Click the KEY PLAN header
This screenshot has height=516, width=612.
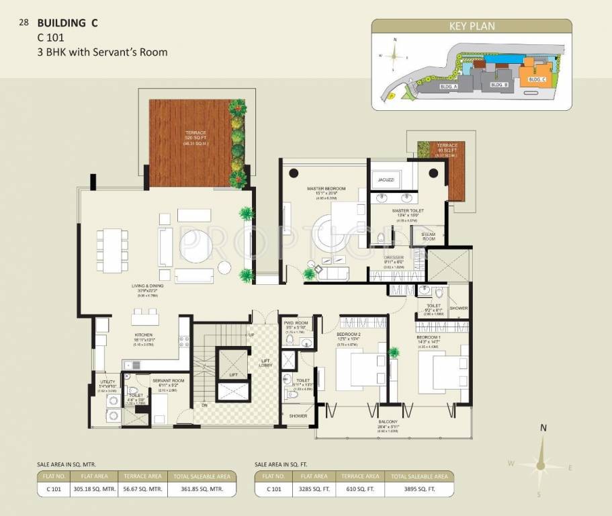tap(472, 27)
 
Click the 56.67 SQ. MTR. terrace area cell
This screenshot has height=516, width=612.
tap(142, 489)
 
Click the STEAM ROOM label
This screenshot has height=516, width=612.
tap(428, 236)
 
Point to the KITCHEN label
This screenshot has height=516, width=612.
tap(143, 335)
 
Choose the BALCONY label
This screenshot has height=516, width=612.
tap(387, 423)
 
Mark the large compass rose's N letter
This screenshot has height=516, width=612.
tap(543, 426)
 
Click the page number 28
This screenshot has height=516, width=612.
tap(24, 22)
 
